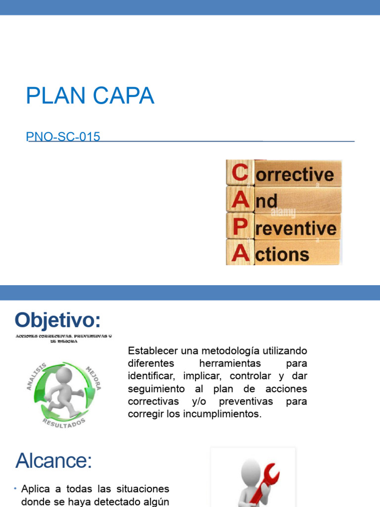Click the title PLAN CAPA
point(90,96)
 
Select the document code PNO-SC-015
point(63,136)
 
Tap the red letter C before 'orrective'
point(240,173)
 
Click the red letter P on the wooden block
point(240,227)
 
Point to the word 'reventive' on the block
point(296,229)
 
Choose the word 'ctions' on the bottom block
point(283,255)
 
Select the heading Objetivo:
point(57,320)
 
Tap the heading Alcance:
point(53,461)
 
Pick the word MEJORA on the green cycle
point(94,378)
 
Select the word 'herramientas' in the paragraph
point(230,363)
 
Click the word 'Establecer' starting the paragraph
point(150,351)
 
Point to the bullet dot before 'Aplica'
point(16,489)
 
